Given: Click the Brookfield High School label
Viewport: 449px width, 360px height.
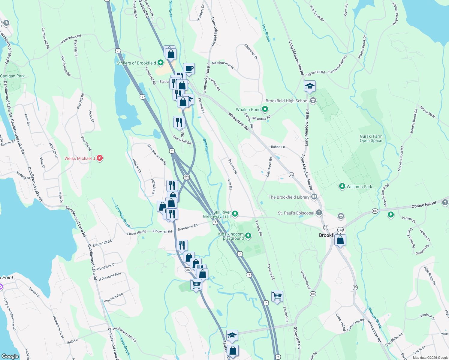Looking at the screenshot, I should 287,101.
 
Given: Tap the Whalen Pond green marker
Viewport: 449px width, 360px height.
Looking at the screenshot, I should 265,109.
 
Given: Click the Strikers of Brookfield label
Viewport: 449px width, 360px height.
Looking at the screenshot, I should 136,63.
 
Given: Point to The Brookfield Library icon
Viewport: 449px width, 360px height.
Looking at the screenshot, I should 314,197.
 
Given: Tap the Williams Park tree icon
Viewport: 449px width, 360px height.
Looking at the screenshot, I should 342,186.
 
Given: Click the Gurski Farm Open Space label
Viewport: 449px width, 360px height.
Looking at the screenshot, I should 371,138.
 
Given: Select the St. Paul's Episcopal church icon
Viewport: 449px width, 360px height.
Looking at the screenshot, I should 319,213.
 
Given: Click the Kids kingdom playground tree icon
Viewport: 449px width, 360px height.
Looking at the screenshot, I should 248,235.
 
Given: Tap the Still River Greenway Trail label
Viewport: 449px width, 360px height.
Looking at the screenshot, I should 217,214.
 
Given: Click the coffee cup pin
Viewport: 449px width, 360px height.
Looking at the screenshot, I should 189,69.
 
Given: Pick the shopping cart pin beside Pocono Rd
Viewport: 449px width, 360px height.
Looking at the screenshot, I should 277,297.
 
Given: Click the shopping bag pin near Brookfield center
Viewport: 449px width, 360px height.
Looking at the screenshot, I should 340,240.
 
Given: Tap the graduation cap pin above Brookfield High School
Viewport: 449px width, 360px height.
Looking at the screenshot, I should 310,86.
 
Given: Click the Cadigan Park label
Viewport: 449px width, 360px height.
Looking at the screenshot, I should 13,76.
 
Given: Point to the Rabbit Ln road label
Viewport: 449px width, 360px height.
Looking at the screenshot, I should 278,147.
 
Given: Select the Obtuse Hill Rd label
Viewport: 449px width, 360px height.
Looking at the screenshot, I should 424,205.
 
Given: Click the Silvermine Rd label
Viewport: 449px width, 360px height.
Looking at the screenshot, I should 188,227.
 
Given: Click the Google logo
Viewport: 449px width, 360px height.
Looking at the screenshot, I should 10,356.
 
